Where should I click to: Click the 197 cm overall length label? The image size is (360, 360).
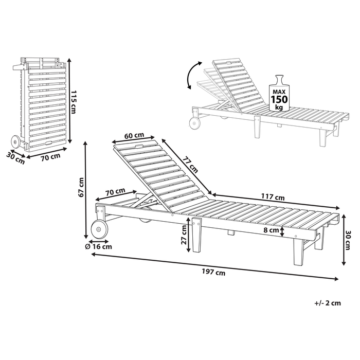(x=213, y=273)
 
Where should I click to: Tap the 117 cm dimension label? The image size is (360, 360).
(x=273, y=197)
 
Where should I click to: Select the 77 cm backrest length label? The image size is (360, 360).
(x=190, y=165)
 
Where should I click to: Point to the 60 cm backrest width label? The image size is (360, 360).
(x=134, y=135)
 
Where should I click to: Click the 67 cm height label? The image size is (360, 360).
(x=81, y=187)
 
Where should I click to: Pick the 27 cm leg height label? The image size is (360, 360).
(x=184, y=235)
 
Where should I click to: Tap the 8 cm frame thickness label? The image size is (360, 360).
(x=271, y=230)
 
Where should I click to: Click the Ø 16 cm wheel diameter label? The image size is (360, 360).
(x=98, y=247)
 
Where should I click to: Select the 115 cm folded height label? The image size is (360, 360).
(x=73, y=102)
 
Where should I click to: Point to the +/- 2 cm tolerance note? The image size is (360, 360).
(x=328, y=303)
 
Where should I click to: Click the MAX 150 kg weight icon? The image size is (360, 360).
(x=279, y=94)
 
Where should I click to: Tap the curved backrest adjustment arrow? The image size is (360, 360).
(x=193, y=75)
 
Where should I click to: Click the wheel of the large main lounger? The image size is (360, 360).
(x=99, y=229)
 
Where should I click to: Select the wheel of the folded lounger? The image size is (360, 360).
(x=15, y=142)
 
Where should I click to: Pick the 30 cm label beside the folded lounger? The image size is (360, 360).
(x=15, y=158)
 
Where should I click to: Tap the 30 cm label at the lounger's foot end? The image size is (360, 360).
(x=347, y=240)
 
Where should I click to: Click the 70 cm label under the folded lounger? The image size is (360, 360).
(x=50, y=157)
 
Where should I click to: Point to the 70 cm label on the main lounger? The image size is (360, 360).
(x=115, y=192)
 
